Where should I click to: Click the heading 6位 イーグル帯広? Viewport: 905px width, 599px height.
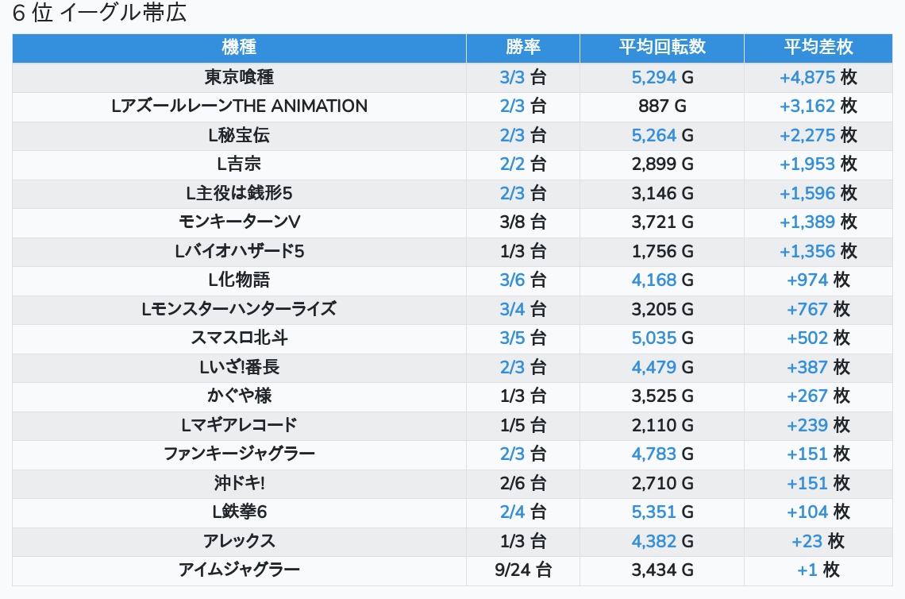pyautogui.click(x=99, y=14)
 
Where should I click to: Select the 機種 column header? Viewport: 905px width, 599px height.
pyautogui.click(x=239, y=48)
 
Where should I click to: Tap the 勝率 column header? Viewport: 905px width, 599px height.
pyautogui.click(x=522, y=48)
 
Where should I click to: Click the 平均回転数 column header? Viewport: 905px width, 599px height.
pyautogui.click(x=662, y=48)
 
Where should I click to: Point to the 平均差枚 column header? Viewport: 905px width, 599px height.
pyautogui.click(x=818, y=48)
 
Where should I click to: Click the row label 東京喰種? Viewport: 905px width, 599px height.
pyautogui.click(x=239, y=77)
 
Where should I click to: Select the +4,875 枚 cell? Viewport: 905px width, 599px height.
pyautogui.click(x=818, y=77)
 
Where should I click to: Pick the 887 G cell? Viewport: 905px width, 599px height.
pyautogui.click(x=662, y=106)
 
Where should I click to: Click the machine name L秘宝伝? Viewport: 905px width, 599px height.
pyautogui.click(x=239, y=135)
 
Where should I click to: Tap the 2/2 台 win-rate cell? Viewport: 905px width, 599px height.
pyautogui.click(x=522, y=164)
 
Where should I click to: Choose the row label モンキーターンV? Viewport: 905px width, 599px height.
pyautogui.click(x=239, y=222)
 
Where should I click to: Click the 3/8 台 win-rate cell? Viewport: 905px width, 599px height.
pyautogui.click(x=522, y=222)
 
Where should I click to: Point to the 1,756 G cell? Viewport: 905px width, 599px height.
pyautogui.click(x=662, y=251)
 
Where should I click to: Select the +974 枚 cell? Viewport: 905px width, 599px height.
pyautogui.click(x=818, y=280)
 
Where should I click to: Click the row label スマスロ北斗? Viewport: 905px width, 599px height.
pyautogui.click(x=239, y=338)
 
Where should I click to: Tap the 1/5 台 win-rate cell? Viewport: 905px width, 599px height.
pyautogui.click(x=522, y=425)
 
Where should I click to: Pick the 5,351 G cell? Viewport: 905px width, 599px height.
pyautogui.click(x=662, y=512)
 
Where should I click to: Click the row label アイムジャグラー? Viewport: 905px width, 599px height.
pyautogui.click(x=239, y=570)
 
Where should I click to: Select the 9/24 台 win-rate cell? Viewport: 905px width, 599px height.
pyautogui.click(x=522, y=570)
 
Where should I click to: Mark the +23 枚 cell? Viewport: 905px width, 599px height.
pyautogui.click(x=818, y=541)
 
